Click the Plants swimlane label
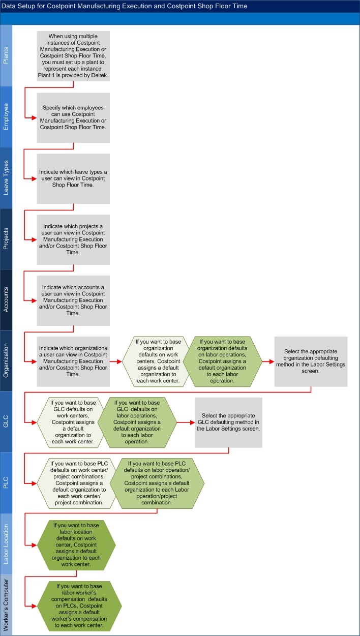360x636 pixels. coord(6,56)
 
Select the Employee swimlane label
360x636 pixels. coord(6,117)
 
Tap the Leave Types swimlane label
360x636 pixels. coord(6,178)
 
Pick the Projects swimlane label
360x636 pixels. coord(6,239)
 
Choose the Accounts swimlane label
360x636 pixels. coord(6,300)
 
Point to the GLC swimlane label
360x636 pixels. coord(6,422)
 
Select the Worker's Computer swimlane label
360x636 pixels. coord(6,605)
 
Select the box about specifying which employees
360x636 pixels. coord(73,117)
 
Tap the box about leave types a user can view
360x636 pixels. coord(73,178)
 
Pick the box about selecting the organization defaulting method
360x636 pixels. coord(311,361)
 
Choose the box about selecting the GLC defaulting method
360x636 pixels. coord(228,422)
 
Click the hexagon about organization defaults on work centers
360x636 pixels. coord(157,361)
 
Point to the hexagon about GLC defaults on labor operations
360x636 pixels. coord(137,422)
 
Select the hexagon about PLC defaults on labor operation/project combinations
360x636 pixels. coord(157,483)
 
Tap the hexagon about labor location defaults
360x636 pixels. coord(76,544)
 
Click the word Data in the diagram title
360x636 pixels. coord(11,6)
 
